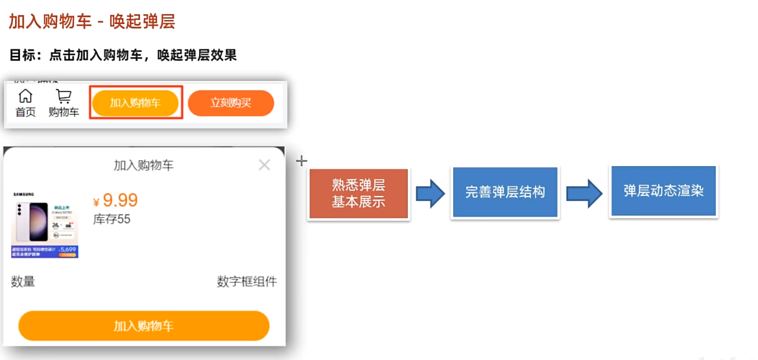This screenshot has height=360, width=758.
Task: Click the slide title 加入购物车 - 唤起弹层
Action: click(x=91, y=22)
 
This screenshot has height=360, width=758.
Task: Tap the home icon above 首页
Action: click(x=25, y=96)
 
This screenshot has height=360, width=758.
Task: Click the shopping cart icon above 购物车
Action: click(x=64, y=97)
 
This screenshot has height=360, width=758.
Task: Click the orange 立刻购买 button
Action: click(x=231, y=103)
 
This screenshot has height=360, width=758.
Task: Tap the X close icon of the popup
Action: click(x=264, y=165)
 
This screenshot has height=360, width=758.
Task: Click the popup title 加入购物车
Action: click(x=143, y=165)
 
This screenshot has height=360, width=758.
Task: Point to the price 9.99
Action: click(x=120, y=200)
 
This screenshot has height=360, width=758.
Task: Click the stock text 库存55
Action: click(x=112, y=219)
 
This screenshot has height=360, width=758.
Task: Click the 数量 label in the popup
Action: click(x=23, y=282)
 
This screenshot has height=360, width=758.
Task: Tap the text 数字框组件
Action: click(x=246, y=282)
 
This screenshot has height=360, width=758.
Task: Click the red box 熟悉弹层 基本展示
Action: click(x=359, y=194)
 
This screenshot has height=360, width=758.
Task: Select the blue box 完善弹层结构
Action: click(x=505, y=193)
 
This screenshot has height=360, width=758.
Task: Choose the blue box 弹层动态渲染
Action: click(x=663, y=191)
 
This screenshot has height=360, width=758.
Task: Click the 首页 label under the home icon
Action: click(x=25, y=112)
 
